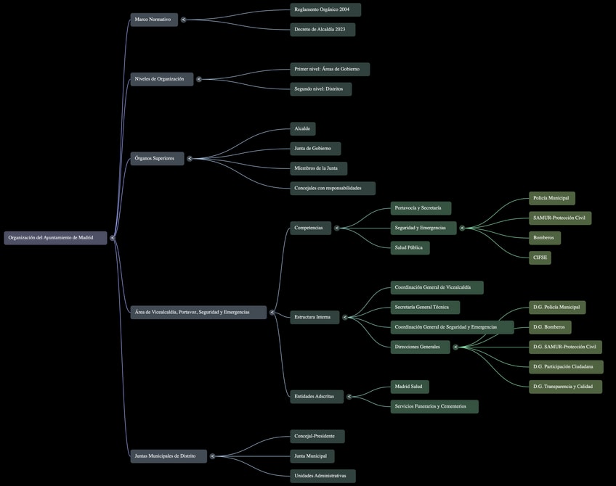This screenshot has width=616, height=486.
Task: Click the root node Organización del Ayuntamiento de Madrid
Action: pyautogui.click(x=55, y=238)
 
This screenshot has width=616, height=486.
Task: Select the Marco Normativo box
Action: pyautogui.click(x=153, y=20)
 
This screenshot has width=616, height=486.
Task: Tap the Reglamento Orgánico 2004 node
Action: pyautogui.click(x=325, y=10)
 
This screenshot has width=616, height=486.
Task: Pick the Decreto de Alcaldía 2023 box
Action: pyautogui.click(x=323, y=30)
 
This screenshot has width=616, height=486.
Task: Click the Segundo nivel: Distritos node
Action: pyautogui.click(x=320, y=89)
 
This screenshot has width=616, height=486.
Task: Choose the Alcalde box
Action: pyautogui.click(x=302, y=129)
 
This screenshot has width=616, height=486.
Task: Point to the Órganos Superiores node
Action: pyautogui.click(x=157, y=158)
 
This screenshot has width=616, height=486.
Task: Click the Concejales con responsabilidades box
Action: pyautogui.click(x=332, y=189)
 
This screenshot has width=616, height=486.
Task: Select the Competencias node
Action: pyautogui.click(x=311, y=228)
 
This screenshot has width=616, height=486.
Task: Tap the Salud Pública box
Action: pyautogui.click(x=410, y=248)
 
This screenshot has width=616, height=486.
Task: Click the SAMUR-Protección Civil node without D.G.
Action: pyautogui.click(x=559, y=218)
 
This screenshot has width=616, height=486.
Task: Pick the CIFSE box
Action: pyautogui.click(x=540, y=258)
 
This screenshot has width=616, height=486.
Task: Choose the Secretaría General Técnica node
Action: pyautogui.click(x=425, y=308)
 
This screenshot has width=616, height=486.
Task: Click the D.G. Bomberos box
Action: pyautogui.click(x=549, y=327)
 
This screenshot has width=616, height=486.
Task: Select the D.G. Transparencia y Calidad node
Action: pyautogui.click(x=566, y=387)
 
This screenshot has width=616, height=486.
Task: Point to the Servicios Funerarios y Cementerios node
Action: pyautogui.click(x=434, y=406)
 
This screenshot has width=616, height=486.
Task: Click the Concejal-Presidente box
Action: pyautogui.click(x=317, y=437)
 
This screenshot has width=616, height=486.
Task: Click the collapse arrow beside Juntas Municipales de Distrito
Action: pyautogui.click(x=213, y=456)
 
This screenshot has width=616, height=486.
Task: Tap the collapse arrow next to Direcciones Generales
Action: pyautogui.click(x=455, y=347)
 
